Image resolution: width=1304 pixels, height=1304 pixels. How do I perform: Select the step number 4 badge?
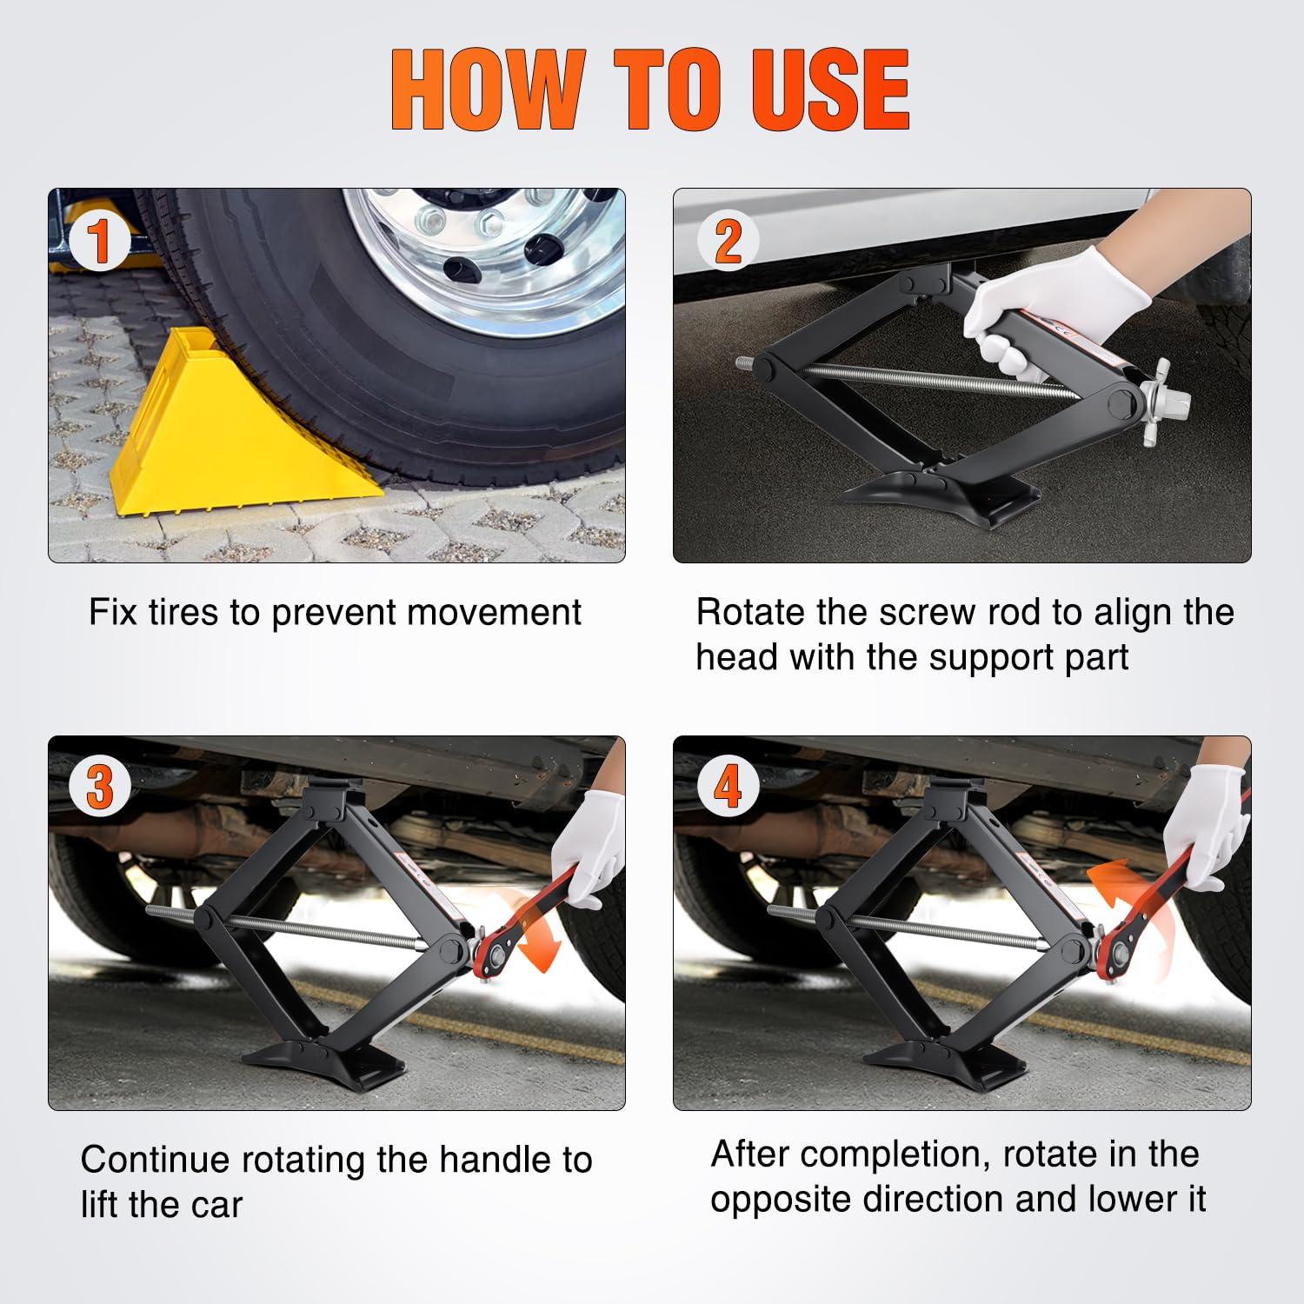728,788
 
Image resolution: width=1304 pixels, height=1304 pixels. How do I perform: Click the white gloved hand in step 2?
1043,304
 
